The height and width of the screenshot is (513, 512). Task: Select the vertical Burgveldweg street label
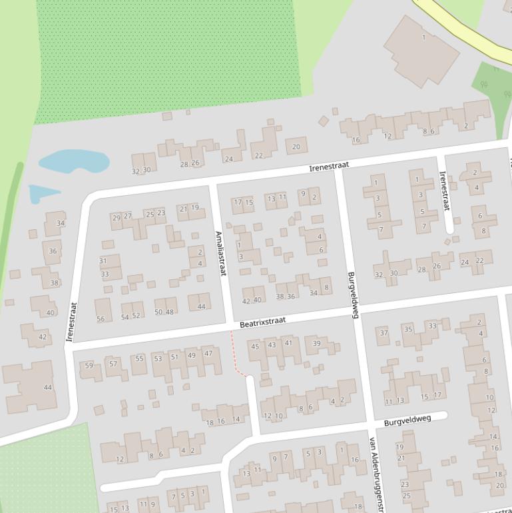pos(352,294)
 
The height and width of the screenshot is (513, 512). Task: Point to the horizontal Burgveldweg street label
pos(407,420)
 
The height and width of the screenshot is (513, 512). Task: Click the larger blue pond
pos(73,161)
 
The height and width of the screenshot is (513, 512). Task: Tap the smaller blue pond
pos(43,193)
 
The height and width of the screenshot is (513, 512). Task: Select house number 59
pos(89,365)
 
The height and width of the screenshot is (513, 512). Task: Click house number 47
pos(208,353)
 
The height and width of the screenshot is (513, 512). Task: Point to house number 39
pos(317,344)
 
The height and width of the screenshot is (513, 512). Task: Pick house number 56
pos(101,319)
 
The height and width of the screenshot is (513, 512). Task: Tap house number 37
pos(384,332)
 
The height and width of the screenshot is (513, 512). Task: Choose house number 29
pos(117,217)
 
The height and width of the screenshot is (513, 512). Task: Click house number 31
pos(103,260)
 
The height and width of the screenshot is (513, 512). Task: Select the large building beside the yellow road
pos(421,50)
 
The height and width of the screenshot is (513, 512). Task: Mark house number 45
pos(255,346)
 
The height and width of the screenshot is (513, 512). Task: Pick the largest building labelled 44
pos(30,386)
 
